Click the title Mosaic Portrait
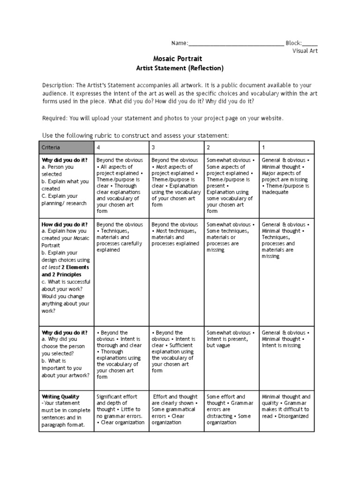(x=178, y=59)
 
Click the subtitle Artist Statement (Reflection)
(x=180, y=68)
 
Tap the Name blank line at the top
(x=235, y=43)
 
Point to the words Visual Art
(x=305, y=51)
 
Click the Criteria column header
(x=51, y=147)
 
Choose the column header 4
(x=98, y=147)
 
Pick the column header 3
(x=153, y=147)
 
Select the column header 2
(x=209, y=147)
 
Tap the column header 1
(x=263, y=147)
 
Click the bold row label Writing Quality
(x=60, y=397)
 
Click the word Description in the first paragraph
(x=58, y=85)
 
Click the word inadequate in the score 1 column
(x=275, y=192)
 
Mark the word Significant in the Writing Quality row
(x=110, y=397)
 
